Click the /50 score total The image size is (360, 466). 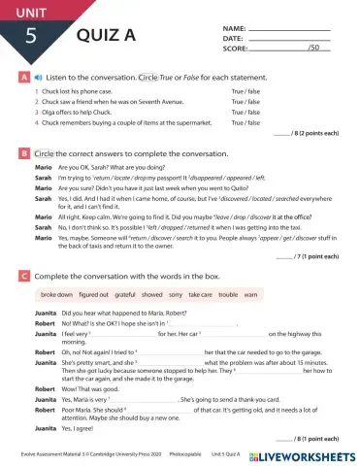(x=312, y=48)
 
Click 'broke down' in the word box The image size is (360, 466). (x=57, y=293)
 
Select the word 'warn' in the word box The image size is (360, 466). (x=250, y=293)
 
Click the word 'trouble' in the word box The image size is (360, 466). (x=227, y=293)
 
